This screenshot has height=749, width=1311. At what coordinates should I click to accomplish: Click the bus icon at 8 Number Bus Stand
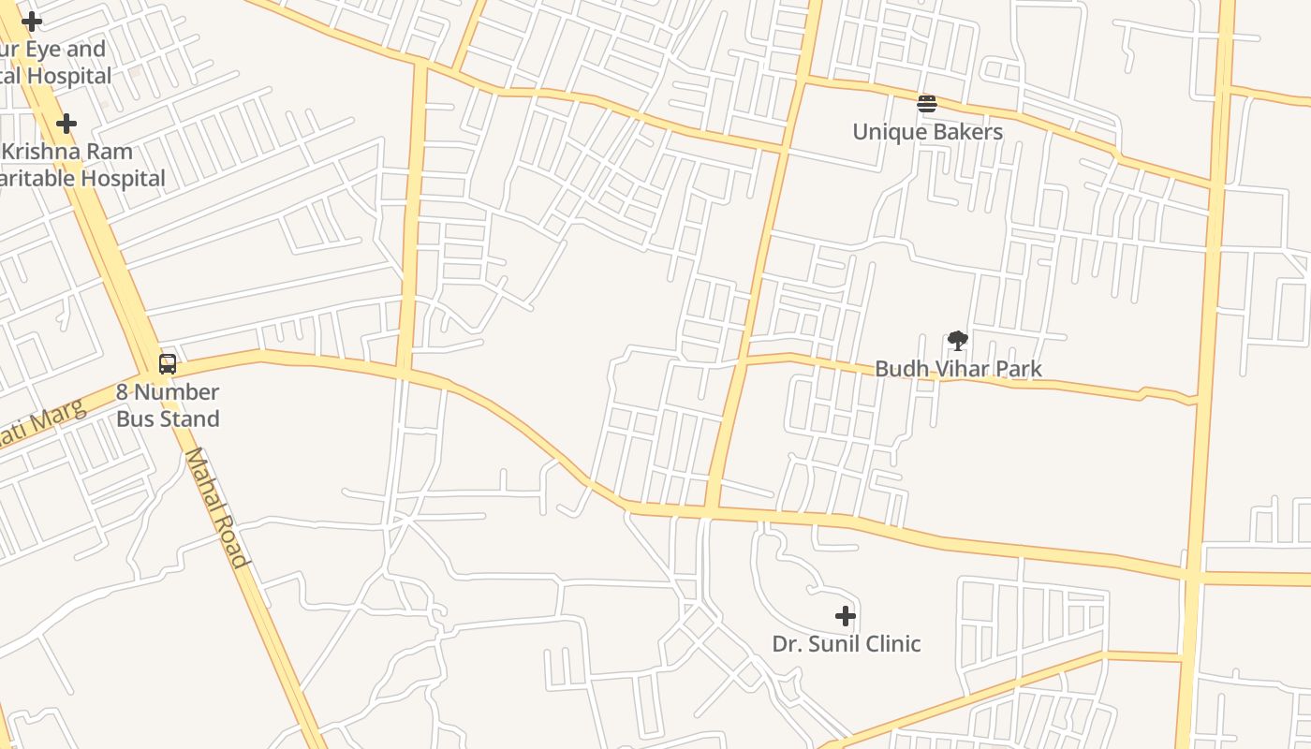(x=168, y=364)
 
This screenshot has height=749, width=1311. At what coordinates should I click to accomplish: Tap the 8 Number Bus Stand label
(x=168, y=405)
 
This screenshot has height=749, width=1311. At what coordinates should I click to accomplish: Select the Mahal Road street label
(x=217, y=507)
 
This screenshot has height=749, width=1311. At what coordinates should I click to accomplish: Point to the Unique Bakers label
(x=927, y=132)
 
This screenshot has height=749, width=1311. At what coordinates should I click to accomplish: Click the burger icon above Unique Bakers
(x=927, y=104)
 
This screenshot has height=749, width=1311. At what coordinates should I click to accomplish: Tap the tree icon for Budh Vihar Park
(x=957, y=341)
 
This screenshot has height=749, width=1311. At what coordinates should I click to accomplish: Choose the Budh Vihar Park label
(x=957, y=369)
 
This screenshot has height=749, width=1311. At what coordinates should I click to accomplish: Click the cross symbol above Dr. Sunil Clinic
(x=846, y=615)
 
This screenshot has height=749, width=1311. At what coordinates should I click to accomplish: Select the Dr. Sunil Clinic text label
(x=846, y=644)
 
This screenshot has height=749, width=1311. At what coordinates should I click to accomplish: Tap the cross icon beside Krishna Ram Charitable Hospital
(x=66, y=124)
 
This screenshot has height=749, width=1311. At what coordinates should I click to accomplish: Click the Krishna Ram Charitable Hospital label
(x=82, y=165)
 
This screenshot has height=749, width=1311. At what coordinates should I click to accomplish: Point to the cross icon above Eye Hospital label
(x=32, y=22)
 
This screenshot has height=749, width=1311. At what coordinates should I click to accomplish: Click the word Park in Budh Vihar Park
(x=1016, y=369)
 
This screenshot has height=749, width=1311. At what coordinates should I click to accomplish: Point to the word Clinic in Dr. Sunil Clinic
(x=891, y=644)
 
